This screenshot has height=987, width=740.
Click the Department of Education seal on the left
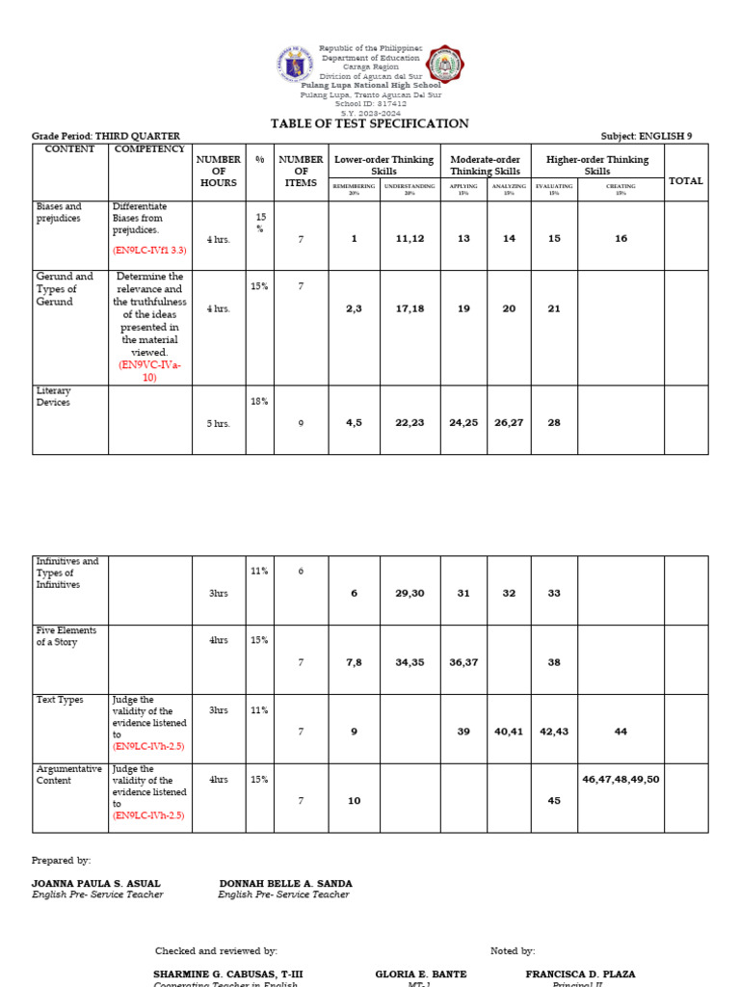(x=294, y=66)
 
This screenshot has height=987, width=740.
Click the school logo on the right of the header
(x=445, y=65)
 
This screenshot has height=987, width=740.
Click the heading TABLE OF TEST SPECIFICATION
(x=369, y=124)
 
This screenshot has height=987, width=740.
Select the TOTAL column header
(x=685, y=181)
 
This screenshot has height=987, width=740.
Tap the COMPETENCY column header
(x=149, y=149)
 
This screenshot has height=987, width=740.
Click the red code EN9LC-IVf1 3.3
(x=149, y=250)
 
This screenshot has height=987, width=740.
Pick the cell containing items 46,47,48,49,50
(x=621, y=778)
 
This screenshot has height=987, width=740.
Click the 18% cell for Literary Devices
(x=259, y=401)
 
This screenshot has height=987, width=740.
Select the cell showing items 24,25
(x=463, y=422)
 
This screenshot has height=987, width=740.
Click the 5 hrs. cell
(x=218, y=423)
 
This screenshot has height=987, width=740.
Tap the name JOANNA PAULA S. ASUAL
(x=96, y=883)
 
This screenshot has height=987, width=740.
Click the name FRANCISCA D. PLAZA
(x=580, y=974)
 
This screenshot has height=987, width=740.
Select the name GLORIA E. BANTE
(x=420, y=974)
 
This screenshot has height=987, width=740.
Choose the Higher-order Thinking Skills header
(x=596, y=165)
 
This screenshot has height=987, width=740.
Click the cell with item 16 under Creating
(x=621, y=238)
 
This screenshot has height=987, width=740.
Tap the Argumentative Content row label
(x=68, y=775)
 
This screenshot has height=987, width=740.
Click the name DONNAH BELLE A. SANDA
(x=285, y=883)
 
